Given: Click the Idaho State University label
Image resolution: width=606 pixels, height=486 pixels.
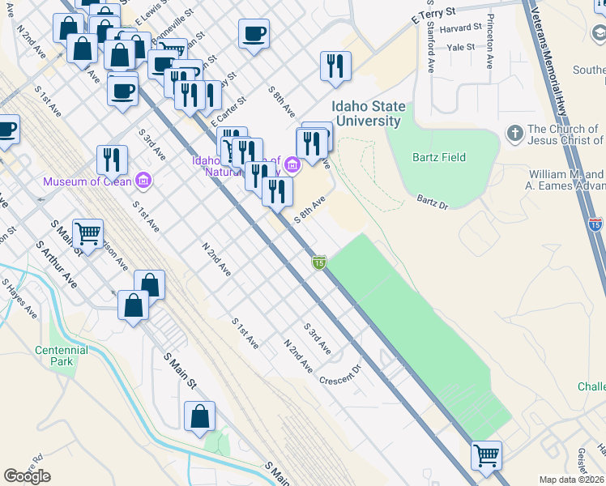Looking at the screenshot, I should click(x=366, y=114).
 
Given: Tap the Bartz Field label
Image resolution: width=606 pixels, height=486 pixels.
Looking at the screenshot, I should click(x=438, y=156).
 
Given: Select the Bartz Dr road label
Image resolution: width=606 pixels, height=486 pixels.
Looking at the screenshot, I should click(x=433, y=199).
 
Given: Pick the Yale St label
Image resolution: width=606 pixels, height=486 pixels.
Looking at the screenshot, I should click(x=461, y=48).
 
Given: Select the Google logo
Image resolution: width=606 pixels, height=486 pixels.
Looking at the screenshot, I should click(x=27, y=475).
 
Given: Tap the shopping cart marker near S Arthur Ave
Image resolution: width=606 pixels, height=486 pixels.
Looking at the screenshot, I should click(x=87, y=233).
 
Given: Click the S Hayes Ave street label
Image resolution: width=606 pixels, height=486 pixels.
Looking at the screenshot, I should click(x=18, y=298).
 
